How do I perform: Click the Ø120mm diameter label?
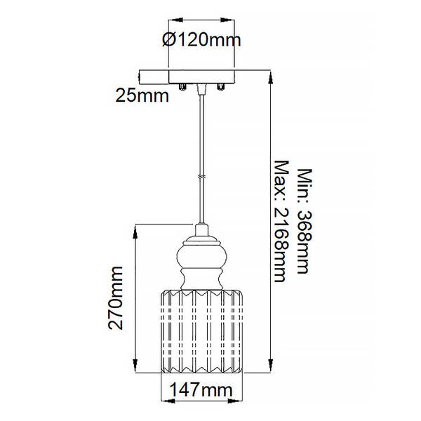click(201, 40)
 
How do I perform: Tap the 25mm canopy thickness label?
click(142, 95)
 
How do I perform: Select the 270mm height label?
click(116, 298)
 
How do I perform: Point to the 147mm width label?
click(201, 390)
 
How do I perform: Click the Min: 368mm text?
click(305, 221)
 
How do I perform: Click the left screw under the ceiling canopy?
click(182, 87)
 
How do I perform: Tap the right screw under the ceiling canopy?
click(220, 87)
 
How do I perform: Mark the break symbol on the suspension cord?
click(201, 177)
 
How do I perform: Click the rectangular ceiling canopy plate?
click(201, 76)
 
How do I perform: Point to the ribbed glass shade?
click(201, 331)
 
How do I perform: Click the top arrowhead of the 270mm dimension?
click(135, 232)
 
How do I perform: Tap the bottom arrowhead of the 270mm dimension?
click(135, 366)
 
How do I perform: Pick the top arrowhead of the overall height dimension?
click(271, 78)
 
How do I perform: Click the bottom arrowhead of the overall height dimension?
click(271, 366)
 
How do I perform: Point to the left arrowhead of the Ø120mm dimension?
click(175, 20)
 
